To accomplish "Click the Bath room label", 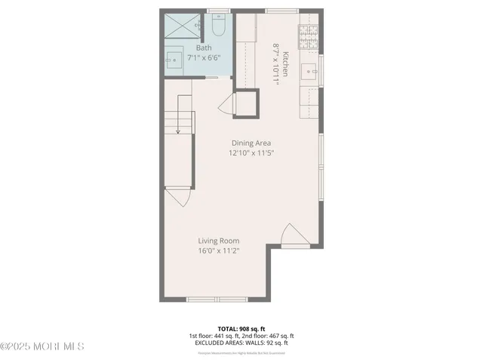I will (x=204, y=47).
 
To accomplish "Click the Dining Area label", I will (x=251, y=143).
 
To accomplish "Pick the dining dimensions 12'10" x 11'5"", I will (x=251, y=153).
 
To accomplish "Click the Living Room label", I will (x=219, y=241).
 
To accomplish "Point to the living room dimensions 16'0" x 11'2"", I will (x=219, y=250).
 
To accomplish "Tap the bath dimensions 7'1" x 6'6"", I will (x=204, y=57).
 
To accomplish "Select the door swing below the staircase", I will (x=177, y=198).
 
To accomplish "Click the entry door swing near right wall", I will (x=294, y=236).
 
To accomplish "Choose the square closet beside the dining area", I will (x=247, y=104).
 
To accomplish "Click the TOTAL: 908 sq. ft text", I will (x=241, y=328).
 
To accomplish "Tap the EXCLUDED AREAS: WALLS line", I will (x=241, y=343).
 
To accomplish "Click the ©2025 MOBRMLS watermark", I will (x=43, y=346).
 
